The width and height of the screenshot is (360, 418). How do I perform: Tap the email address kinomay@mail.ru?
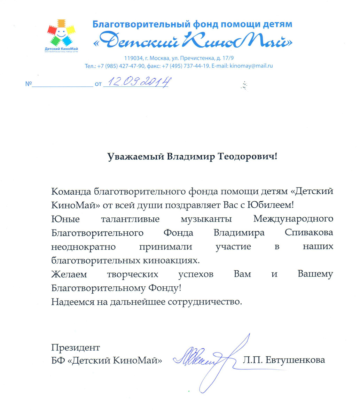[250, 65]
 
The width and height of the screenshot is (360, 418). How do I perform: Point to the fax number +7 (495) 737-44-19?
[186, 65]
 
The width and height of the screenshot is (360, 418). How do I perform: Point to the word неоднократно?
[80, 246]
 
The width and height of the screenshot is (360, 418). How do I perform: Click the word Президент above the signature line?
[76, 347]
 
